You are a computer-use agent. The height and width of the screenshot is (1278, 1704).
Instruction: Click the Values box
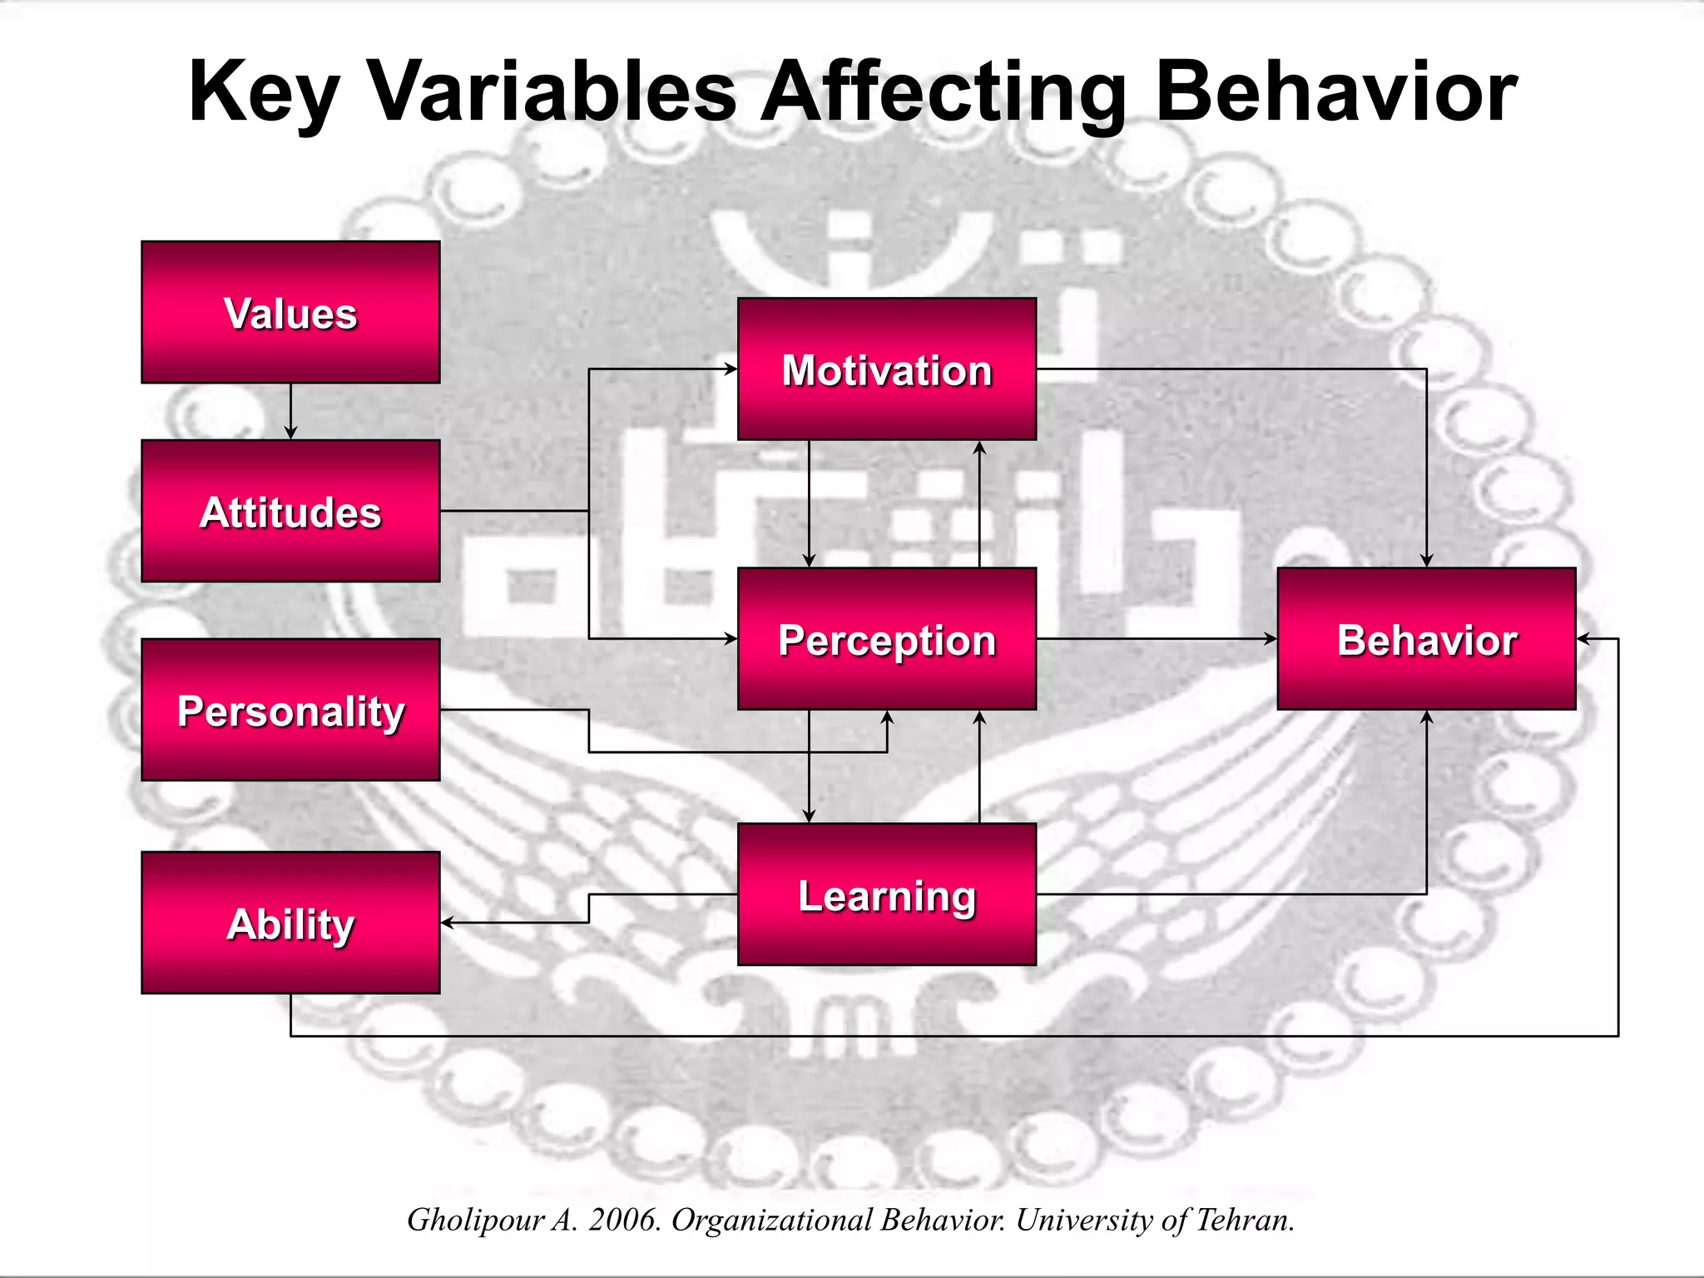pos(290,312)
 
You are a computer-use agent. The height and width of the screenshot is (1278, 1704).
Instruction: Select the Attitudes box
pos(290,511)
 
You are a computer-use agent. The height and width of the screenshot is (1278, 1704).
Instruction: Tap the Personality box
pos(290,710)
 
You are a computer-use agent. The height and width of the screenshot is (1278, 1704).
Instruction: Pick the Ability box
pos(290,922)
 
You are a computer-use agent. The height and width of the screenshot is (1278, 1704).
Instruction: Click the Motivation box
pos(887,369)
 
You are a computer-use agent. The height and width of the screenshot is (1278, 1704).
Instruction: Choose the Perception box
pos(887,639)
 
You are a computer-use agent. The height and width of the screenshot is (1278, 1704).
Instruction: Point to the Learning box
pos(887,894)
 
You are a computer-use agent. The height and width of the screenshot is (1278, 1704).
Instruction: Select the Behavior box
pos(1426,639)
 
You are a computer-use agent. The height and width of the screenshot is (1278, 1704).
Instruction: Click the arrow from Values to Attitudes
pos(290,412)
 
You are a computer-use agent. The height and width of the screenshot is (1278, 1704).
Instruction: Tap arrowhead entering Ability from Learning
pos(448,923)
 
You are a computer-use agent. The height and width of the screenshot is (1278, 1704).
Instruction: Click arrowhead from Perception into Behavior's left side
pos(1270,639)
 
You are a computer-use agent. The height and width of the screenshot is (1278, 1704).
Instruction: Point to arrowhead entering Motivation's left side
pos(731,369)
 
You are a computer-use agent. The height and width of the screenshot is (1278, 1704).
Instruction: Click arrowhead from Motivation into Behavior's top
pos(1426,560)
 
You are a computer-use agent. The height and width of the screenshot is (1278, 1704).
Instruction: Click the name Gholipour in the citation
pos(475,1220)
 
